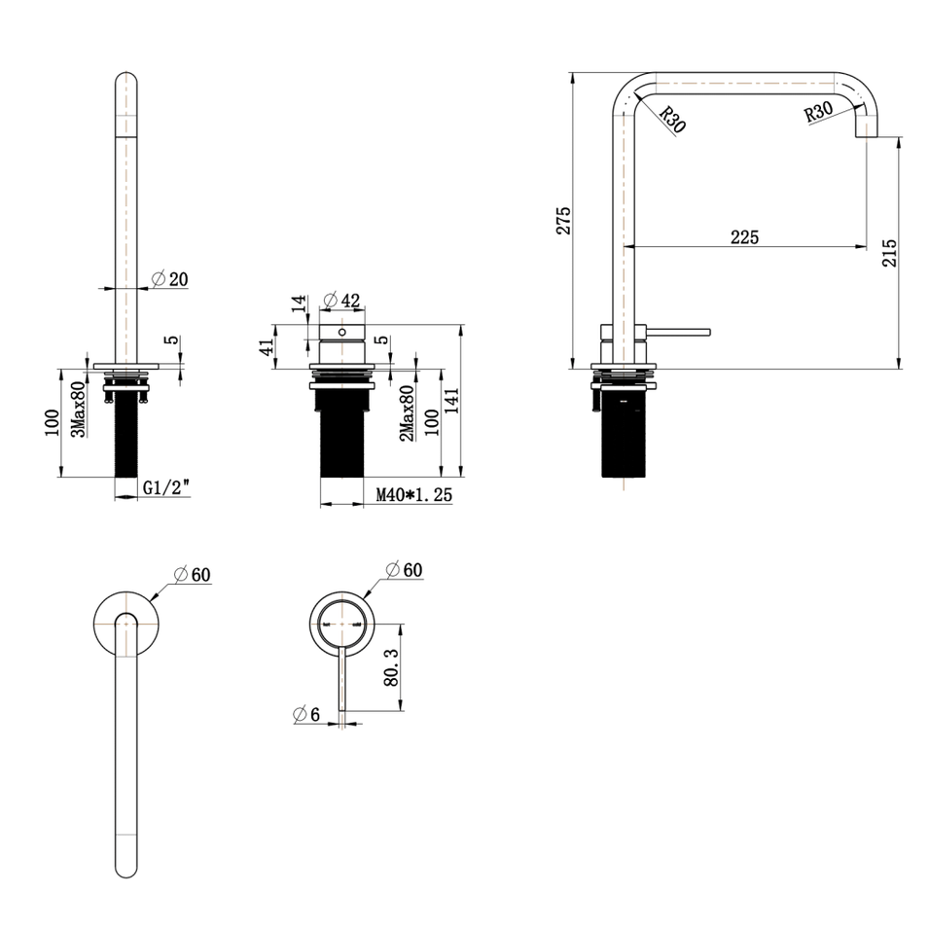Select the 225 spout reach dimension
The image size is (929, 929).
744,236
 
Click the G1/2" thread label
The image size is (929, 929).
164,488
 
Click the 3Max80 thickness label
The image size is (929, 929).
80,409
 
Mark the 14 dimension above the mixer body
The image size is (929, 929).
299,305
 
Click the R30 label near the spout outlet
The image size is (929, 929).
818,112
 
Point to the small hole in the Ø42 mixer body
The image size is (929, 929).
340,332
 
